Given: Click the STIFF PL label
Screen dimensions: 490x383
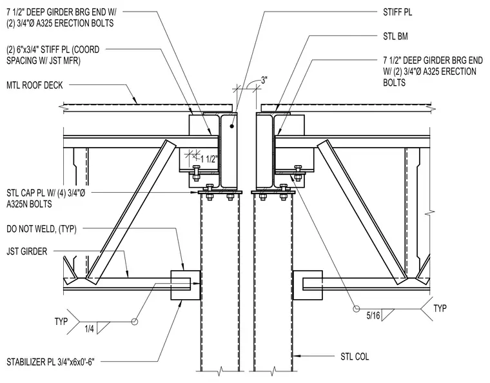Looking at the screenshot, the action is (398, 12).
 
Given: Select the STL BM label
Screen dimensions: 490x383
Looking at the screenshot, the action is (395, 36).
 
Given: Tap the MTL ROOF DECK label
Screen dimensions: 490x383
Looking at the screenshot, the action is (35, 85).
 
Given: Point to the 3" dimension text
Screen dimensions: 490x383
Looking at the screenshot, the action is (264, 81).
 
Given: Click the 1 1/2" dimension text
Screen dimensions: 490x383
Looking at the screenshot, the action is (208, 159).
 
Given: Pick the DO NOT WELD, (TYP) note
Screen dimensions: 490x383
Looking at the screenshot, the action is (41, 229).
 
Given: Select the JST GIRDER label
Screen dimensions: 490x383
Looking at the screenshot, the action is (27, 251).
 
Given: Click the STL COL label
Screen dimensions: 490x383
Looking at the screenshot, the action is (355, 357).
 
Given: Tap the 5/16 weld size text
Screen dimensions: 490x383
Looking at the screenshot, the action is (373, 315).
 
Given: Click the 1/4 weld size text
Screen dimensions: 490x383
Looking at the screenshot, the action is (89, 329).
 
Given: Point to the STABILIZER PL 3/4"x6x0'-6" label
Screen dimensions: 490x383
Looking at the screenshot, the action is (50, 362).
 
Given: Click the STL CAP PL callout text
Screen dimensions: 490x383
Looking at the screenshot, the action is (46, 198).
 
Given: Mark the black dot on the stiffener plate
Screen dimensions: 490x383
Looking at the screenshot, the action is (231, 126).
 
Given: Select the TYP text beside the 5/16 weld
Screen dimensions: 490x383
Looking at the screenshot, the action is (440, 308).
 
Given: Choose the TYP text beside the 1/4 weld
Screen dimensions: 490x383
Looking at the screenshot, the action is (61, 321).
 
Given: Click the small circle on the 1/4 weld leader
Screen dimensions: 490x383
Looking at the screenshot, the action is (134, 321).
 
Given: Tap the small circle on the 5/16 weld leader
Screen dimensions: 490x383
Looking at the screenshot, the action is (357, 309).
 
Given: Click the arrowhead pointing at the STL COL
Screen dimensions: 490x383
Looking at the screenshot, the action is (296, 355).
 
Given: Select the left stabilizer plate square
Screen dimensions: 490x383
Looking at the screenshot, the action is (185, 285).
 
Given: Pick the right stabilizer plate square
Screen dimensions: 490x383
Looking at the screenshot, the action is (308, 285).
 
